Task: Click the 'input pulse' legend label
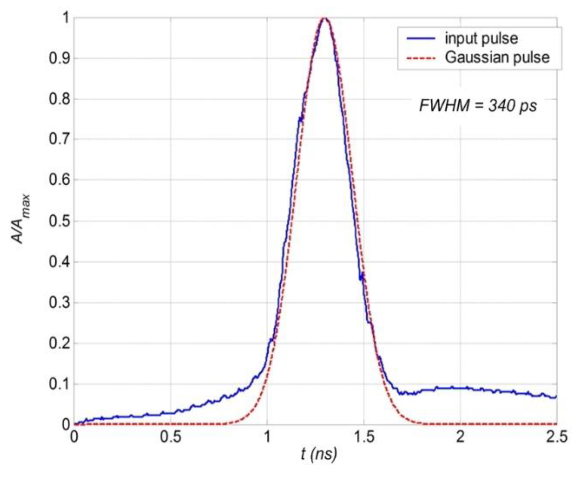(481, 38)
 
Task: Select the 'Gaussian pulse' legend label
(497, 58)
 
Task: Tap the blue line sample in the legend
(420, 38)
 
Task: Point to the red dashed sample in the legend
(420, 58)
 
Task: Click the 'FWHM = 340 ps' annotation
(478, 106)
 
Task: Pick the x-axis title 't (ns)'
(319, 454)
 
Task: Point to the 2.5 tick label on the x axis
(557, 437)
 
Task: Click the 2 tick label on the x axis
(460, 437)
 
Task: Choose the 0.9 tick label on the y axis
(59, 58)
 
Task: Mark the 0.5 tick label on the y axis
(59, 221)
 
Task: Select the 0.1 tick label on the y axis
(59, 384)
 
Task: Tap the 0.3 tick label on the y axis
(59, 303)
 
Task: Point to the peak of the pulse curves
(325, 18)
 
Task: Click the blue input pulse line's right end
(556, 397)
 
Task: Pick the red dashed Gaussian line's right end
(556, 424)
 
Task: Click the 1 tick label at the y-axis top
(65, 18)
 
